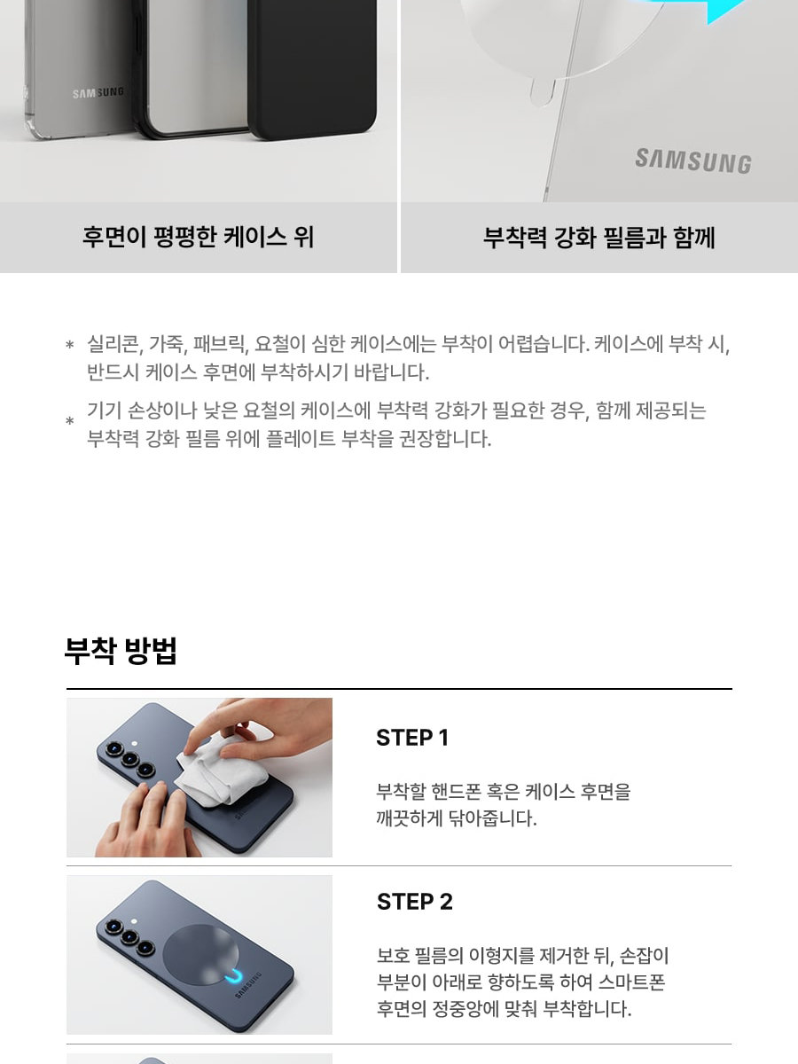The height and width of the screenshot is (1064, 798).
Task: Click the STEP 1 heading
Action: click(x=412, y=738)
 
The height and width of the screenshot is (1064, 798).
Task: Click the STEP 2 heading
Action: click(x=415, y=902)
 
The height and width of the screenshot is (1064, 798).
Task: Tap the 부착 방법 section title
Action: click(x=121, y=651)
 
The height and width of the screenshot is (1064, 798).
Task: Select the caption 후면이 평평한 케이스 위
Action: click(x=199, y=237)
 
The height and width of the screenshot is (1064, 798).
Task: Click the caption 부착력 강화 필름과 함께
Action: click(x=599, y=237)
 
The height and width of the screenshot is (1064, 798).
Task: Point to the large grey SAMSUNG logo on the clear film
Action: click(x=693, y=161)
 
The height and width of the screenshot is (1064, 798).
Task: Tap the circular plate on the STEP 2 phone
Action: click(x=200, y=954)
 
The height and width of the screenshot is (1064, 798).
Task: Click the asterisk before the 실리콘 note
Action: click(x=70, y=345)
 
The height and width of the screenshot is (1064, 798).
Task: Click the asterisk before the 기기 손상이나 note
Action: click(x=70, y=420)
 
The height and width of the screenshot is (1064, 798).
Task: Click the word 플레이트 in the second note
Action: click(x=301, y=439)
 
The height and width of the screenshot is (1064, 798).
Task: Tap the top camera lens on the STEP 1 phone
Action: click(x=113, y=749)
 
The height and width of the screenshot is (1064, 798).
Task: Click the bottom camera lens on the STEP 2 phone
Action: click(x=145, y=948)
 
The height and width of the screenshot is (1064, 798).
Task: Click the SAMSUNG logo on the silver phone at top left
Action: click(x=98, y=92)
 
